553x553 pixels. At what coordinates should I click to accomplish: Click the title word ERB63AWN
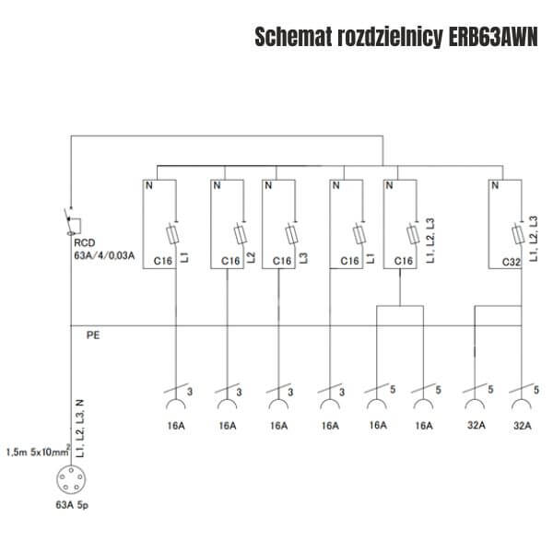coord(493,37)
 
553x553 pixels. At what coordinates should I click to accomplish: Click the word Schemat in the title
coord(293,37)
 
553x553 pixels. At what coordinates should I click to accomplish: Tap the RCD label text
coord(85,242)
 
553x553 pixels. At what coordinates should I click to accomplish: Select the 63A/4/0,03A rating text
coord(104,255)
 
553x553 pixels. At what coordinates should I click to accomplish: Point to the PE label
coord(93,335)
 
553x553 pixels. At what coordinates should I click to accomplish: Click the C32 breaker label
coord(511,262)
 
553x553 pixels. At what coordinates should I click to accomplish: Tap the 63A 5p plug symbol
coord(71,479)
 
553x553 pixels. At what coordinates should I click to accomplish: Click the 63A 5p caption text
coord(72,505)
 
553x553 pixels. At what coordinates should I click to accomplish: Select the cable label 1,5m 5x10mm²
coord(38,452)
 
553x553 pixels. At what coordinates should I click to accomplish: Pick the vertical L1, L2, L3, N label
coord(80,429)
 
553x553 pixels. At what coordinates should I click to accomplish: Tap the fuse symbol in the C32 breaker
coord(518,233)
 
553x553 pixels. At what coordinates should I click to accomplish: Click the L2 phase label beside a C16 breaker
coord(252,257)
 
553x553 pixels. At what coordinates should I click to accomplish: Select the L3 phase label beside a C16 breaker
coord(303,258)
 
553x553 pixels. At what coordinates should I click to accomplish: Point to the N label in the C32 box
coord(495,185)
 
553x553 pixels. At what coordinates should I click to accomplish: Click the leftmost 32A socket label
coord(477,425)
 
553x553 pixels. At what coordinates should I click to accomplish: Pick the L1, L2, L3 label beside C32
coord(534,239)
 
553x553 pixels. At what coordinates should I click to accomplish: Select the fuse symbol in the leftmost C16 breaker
coord(172,233)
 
